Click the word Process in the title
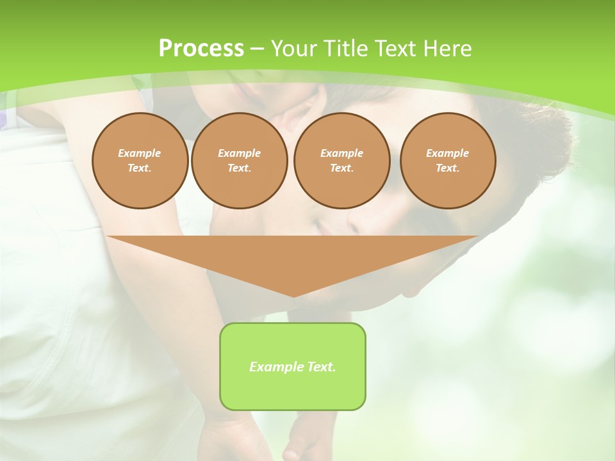pos(201,49)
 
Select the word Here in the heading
pos(448,49)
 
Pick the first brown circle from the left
pos(140,160)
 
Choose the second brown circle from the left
pos(239,160)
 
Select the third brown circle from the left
pos(341,160)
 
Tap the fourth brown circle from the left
pos(447,160)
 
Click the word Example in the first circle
pos(140,153)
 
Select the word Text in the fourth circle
pos(447,168)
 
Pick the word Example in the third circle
pos(341,153)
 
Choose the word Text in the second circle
pos(239,168)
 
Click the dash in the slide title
pos(257,49)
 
